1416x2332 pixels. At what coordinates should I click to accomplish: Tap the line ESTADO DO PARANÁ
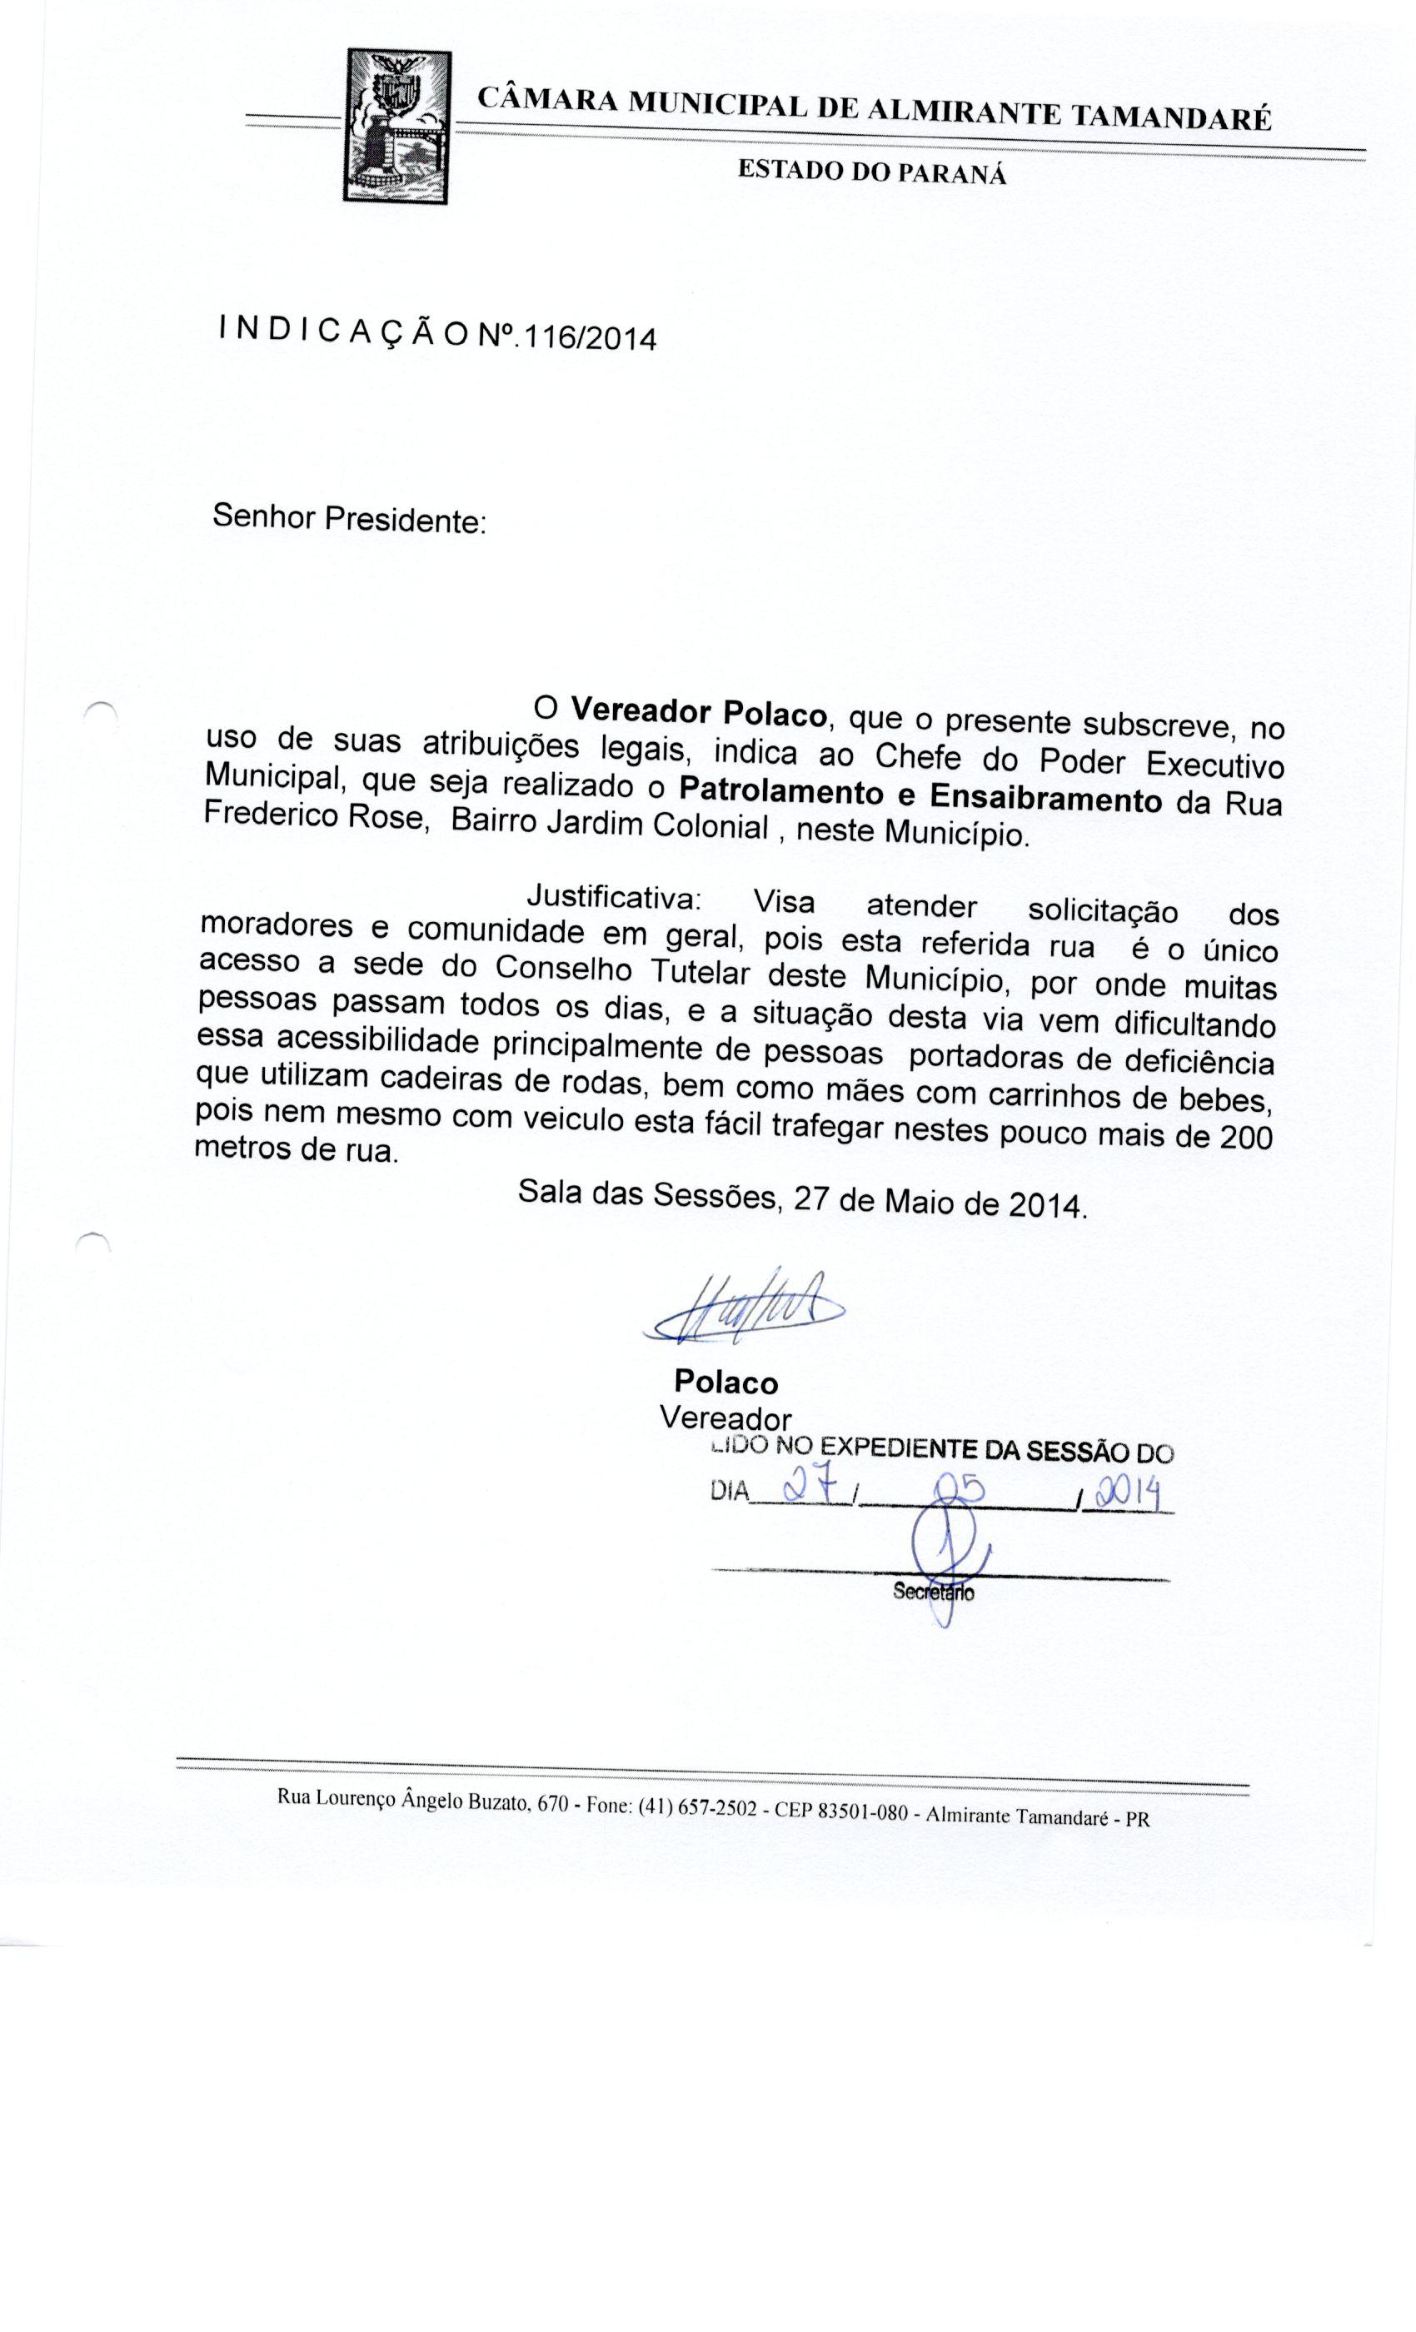(870, 172)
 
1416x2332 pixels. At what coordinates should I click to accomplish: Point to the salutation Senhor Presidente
(348, 520)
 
